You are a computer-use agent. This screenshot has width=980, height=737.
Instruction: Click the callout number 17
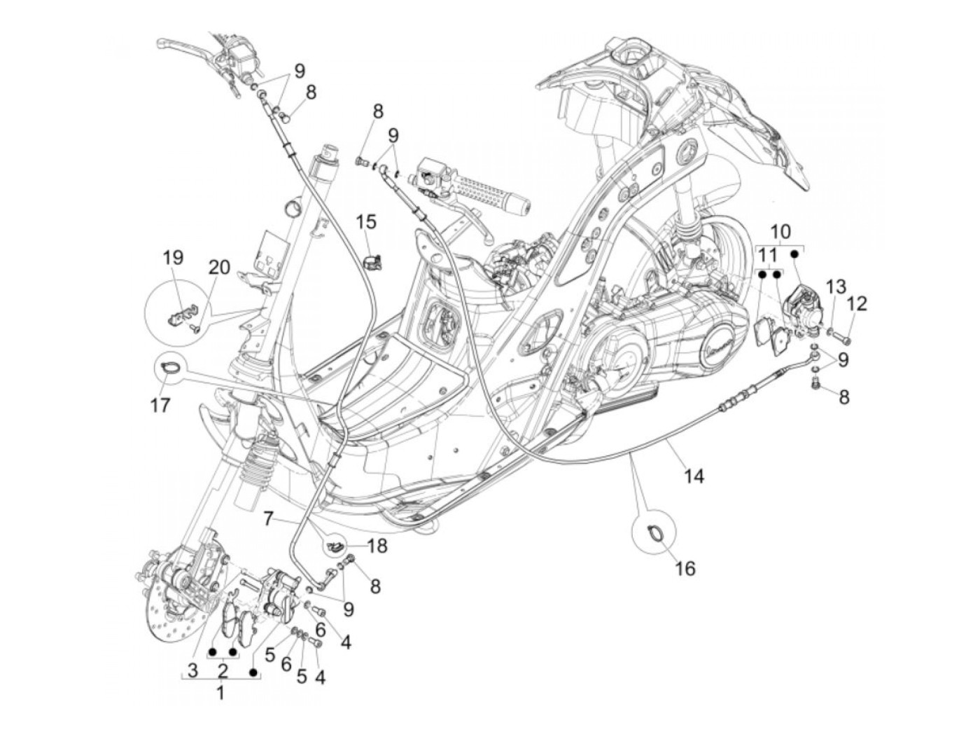click(x=160, y=405)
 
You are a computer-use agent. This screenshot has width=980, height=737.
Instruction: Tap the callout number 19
click(x=174, y=257)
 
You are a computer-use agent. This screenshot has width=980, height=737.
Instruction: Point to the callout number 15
click(x=365, y=222)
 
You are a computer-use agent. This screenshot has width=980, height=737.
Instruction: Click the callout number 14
click(x=693, y=476)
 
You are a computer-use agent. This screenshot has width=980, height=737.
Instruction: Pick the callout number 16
click(x=685, y=567)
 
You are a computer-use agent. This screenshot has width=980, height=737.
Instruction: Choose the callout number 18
click(x=377, y=546)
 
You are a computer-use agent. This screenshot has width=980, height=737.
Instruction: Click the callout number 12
click(x=857, y=303)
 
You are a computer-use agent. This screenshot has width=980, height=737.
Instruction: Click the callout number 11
click(x=768, y=255)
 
